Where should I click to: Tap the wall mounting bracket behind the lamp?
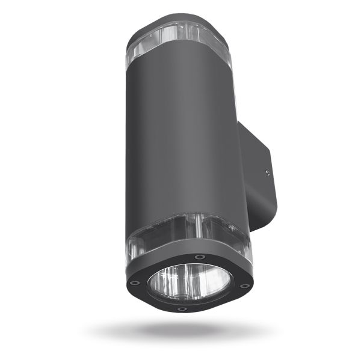(x=262, y=180)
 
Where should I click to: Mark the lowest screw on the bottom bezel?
(x=182, y=309)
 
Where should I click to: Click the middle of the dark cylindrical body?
(x=184, y=144)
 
